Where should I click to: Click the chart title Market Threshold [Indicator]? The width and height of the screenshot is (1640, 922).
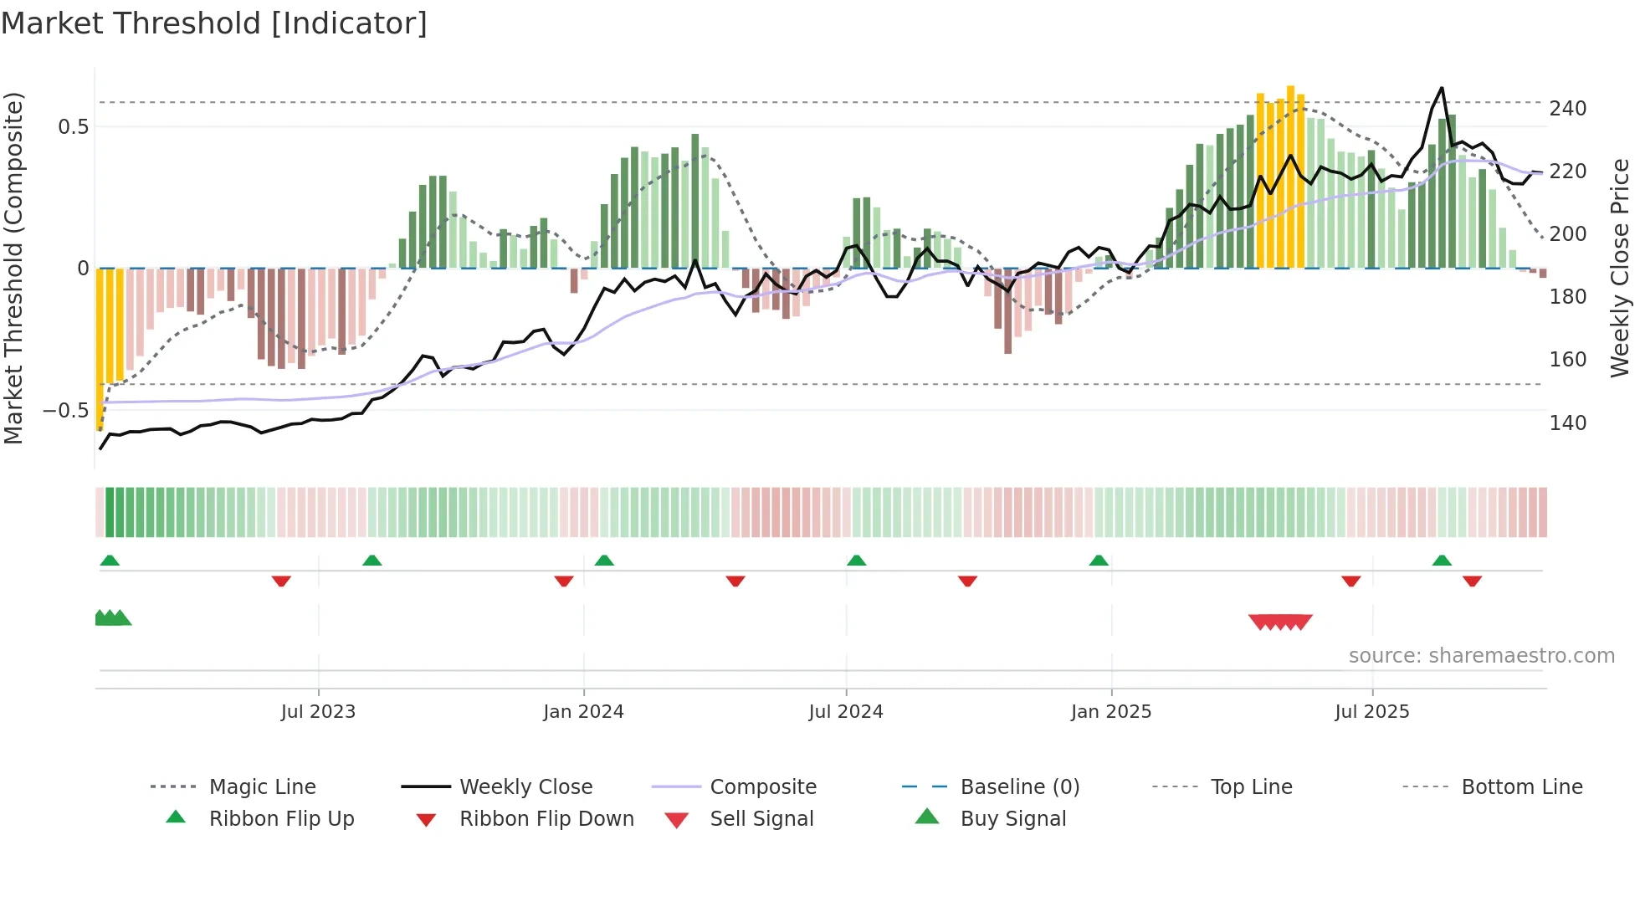214,23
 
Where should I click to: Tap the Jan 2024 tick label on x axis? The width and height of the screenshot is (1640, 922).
583,712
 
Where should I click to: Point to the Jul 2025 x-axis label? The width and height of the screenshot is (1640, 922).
1371,712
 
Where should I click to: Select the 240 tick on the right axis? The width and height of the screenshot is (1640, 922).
1567,109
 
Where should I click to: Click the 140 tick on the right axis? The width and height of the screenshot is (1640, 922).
1567,423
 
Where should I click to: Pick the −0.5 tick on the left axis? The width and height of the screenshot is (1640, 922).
66,411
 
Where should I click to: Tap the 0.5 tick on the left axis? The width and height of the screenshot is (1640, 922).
73,127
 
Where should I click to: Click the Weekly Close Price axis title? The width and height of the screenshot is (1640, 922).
1621,268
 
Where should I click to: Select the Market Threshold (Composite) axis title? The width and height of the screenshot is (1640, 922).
13,268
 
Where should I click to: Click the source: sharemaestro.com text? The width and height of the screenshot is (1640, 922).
1481,656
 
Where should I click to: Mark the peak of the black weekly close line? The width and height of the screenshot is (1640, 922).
1442,88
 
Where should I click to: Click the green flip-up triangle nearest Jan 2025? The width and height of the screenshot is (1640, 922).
1099,561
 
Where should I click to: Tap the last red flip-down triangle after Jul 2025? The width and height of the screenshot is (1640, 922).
1472,581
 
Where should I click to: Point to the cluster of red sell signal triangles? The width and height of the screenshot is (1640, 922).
1280,622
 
